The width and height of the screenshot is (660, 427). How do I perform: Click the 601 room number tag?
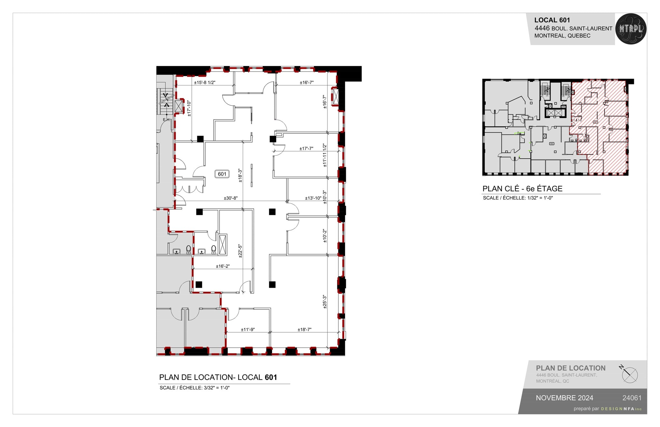(222, 174)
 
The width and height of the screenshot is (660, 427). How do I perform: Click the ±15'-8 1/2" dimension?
(205, 82)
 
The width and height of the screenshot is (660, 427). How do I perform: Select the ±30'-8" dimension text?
(231, 198)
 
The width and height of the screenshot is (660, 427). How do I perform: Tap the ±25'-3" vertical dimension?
(325, 302)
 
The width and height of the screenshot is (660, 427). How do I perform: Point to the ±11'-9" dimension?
(248, 329)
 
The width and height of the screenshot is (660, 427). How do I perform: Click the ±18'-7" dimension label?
(305, 329)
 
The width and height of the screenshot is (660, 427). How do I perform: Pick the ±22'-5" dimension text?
(240, 251)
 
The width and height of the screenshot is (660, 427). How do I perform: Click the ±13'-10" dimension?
(313, 198)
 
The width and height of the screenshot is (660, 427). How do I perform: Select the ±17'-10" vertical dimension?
(189, 108)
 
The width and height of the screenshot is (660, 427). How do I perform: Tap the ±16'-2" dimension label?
(223, 266)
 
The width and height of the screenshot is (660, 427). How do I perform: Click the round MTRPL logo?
(631, 29)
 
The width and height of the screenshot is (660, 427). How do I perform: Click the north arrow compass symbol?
(629, 375)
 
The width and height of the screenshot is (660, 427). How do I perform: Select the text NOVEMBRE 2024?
(564, 398)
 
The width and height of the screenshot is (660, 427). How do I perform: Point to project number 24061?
(632, 398)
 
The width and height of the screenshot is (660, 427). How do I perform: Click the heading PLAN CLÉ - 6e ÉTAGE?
(522, 189)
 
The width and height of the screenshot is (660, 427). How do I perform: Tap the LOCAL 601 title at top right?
(552, 20)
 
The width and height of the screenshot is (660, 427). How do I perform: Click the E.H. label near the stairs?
(166, 120)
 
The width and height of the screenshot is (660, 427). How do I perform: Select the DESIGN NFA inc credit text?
(621, 409)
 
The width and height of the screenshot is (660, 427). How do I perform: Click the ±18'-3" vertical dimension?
(240, 176)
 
